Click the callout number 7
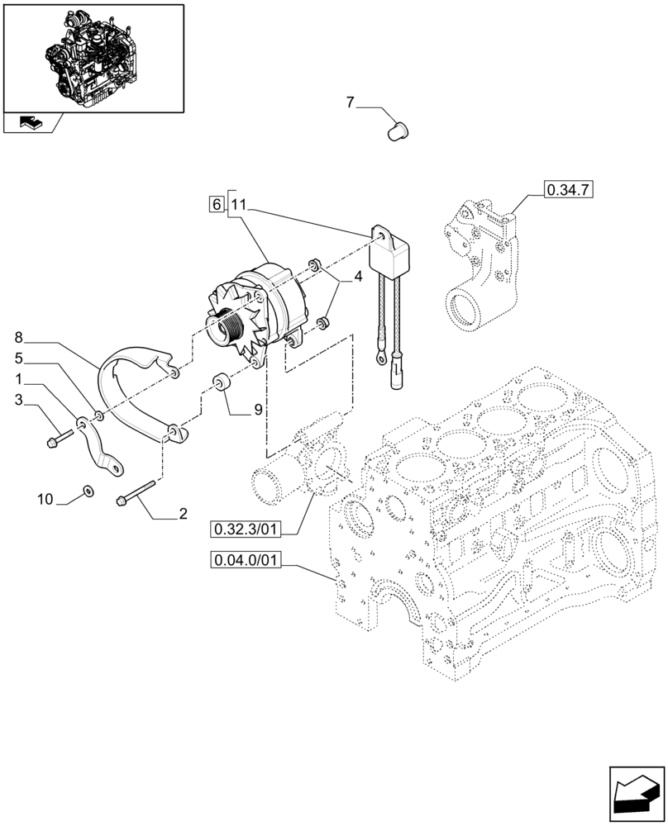pyautogui.click(x=350, y=103)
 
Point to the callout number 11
pyautogui.click(x=238, y=204)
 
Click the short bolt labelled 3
pyautogui.click(x=60, y=438)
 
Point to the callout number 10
pyautogui.click(x=45, y=499)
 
